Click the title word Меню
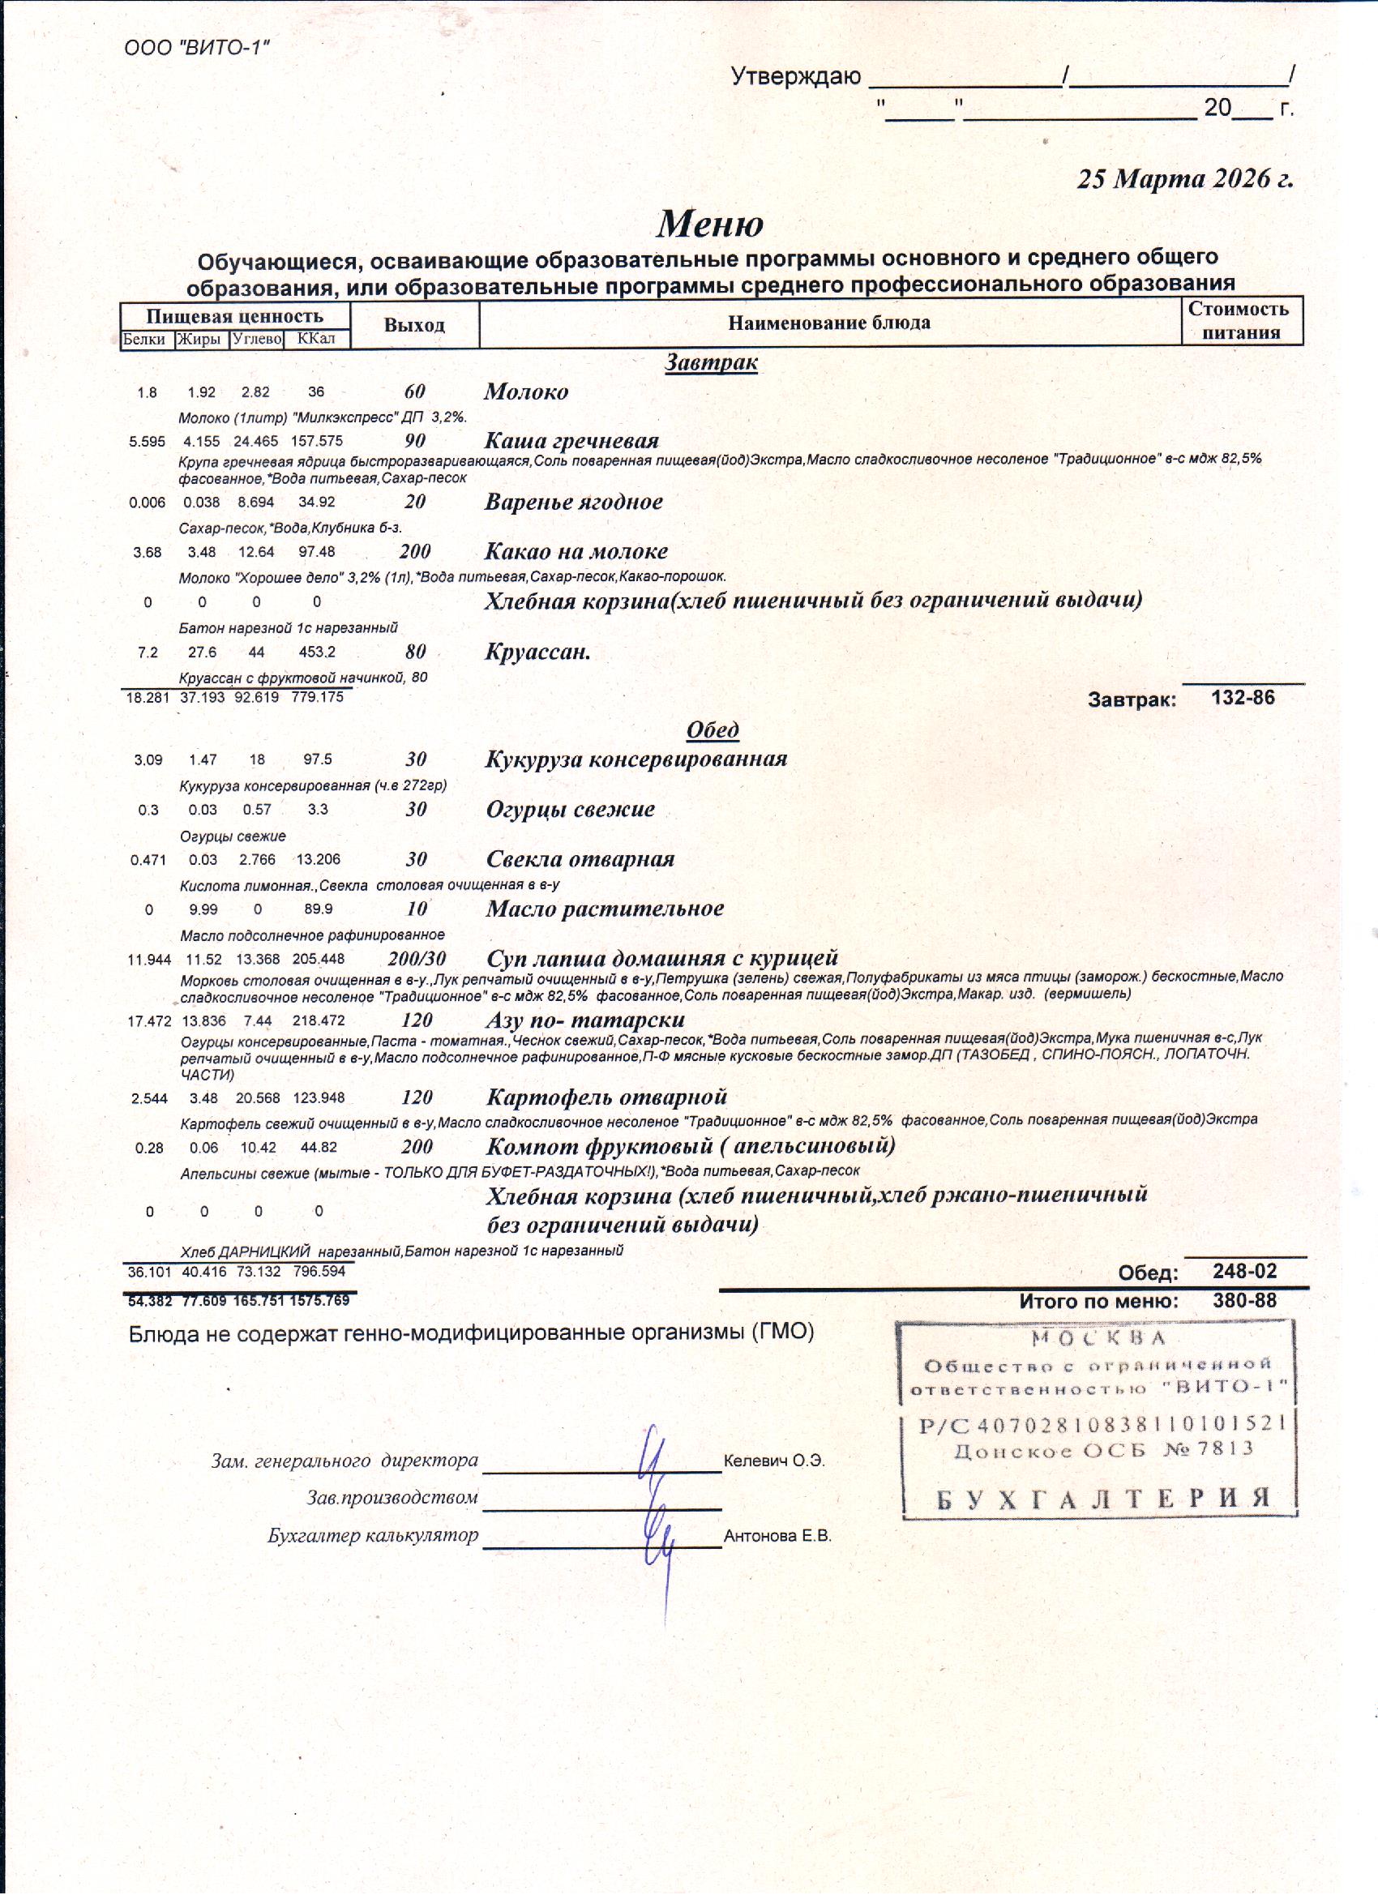[x=709, y=224]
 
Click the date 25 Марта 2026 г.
[x=1184, y=179]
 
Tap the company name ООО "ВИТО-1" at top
[x=196, y=48]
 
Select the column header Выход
[x=413, y=325]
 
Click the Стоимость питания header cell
[x=1241, y=321]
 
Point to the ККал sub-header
[x=316, y=339]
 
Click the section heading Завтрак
[x=711, y=362]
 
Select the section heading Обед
[x=712, y=729]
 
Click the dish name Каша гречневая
[x=571, y=440]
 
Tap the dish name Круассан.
[x=537, y=652]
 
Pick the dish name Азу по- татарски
[x=585, y=1020]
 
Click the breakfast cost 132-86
[x=1243, y=698]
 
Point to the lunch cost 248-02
[x=1244, y=1271]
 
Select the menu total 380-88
[x=1244, y=1300]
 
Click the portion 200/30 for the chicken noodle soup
[x=416, y=958]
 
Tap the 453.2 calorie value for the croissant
[x=318, y=652]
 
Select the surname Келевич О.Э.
[x=774, y=1461]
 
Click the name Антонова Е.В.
[x=777, y=1536]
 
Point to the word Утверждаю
[x=795, y=77]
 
